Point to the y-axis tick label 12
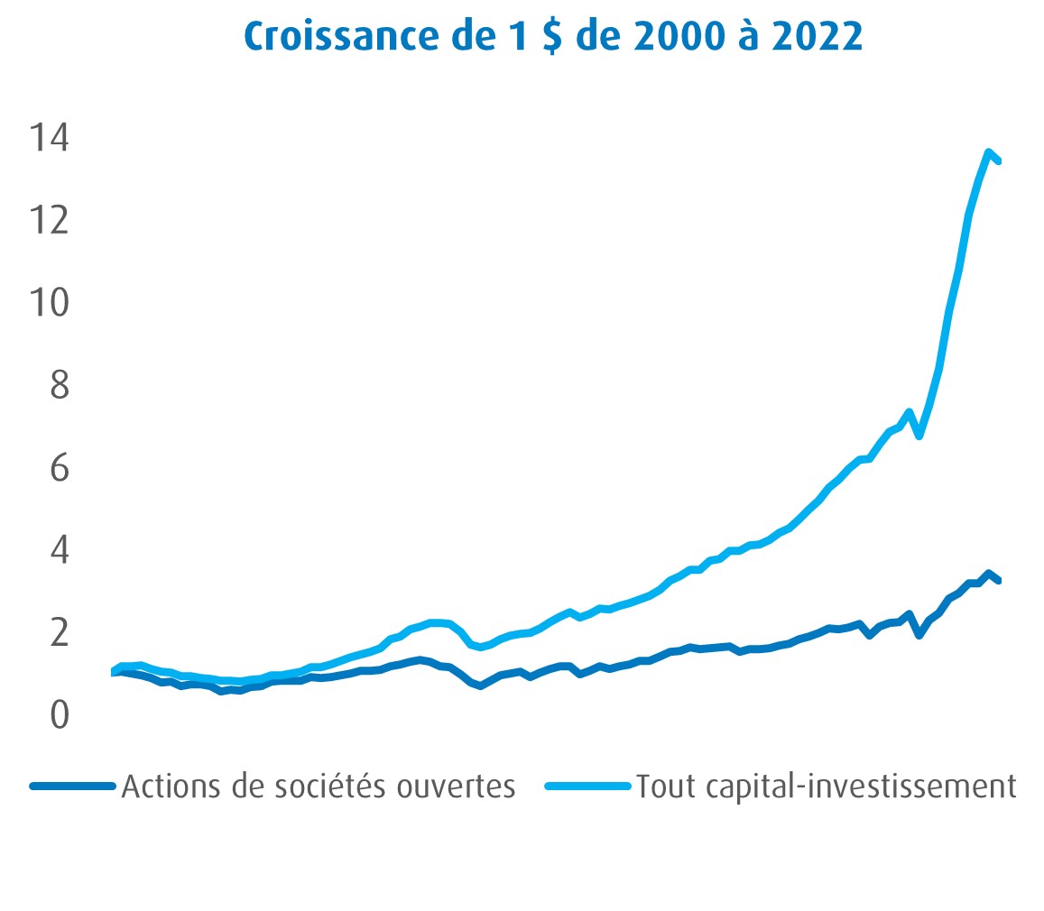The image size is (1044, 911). point(49,219)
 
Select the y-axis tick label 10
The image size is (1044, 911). point(49,302)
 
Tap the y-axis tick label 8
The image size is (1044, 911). point(59,385)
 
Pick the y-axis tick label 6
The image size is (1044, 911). point(59,468)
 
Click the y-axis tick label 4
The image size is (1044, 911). point(59,550)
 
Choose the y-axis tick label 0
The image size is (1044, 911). point(59,715)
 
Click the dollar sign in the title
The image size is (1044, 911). point(552,37)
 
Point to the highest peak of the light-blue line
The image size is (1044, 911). point(989,152)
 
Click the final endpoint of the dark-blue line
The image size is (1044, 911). point(998,581)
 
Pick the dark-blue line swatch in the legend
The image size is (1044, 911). point(72,786)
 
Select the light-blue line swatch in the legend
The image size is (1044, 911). point(587,786)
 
